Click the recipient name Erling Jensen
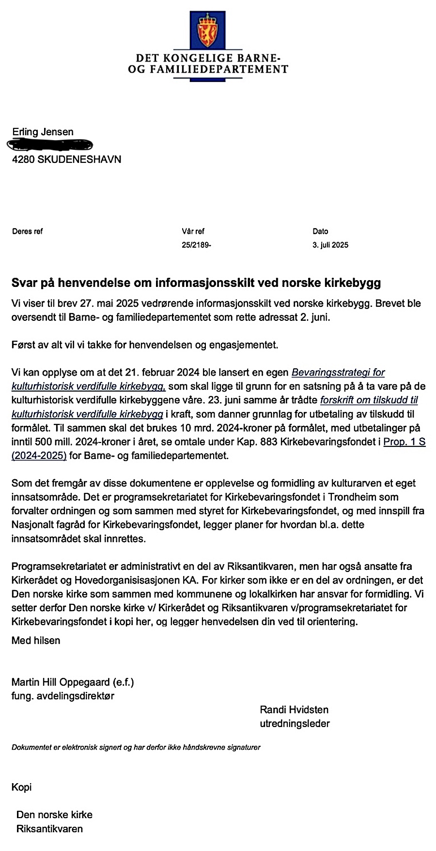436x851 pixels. coord(43,132)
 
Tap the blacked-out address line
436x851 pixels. coord(50,144)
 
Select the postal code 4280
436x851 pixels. coord(23,159)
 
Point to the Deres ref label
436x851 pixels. coord(27,232)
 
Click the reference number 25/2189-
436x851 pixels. coord(196,245)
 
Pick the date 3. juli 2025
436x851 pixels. coord(330,245)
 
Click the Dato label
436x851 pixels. coord(320,232)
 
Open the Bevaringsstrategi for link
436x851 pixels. coord(338,373)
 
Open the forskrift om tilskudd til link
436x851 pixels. coord(369,400)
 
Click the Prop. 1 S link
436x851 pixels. coord(405,442)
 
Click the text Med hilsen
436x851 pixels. coord(36,641)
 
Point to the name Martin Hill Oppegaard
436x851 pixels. coord(61,682)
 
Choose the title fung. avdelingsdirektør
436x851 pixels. coord(63,696)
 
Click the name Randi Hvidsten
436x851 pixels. coord(294,710)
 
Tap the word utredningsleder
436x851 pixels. coord(295,724)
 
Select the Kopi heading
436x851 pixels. coord(21,787)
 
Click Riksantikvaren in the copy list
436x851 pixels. coord(49,829)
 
